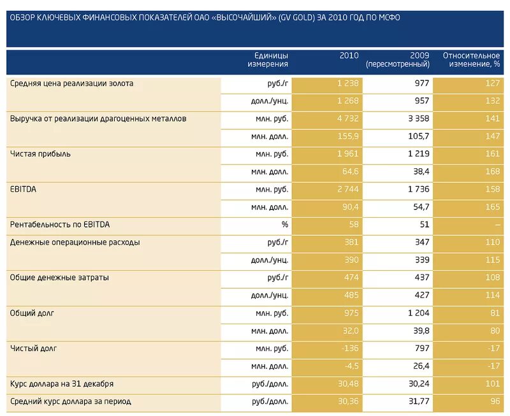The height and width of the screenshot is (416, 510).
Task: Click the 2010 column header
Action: pyautogui.click(x=349, y=55)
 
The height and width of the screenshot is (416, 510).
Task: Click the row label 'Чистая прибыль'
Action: pyautogui.click(x=41, y=154)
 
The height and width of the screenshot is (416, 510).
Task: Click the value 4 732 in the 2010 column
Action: pyautogui.click(x=347, y=118)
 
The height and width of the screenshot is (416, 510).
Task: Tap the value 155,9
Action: pyautogui.click(x=348, y=136)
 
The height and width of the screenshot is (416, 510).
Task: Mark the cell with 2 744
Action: pyautogui.click(x=347, y=189)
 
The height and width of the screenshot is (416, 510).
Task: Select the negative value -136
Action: pyautogui.click(x=349, y=348)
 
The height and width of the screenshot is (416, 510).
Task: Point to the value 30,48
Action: pyautogui.click(x=348, y=384)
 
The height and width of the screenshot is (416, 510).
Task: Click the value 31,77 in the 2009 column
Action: pyautogui.click(x=418, y=401)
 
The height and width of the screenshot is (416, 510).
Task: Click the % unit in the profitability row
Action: pyautogui.click(x=285, y=224)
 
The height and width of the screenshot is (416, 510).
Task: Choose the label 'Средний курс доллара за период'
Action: pyautogui.click(x=70, y=401)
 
